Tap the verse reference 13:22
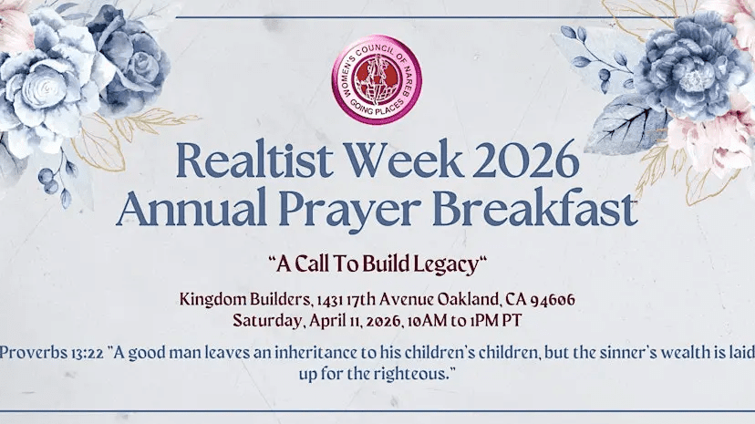click(x=83, y=353)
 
